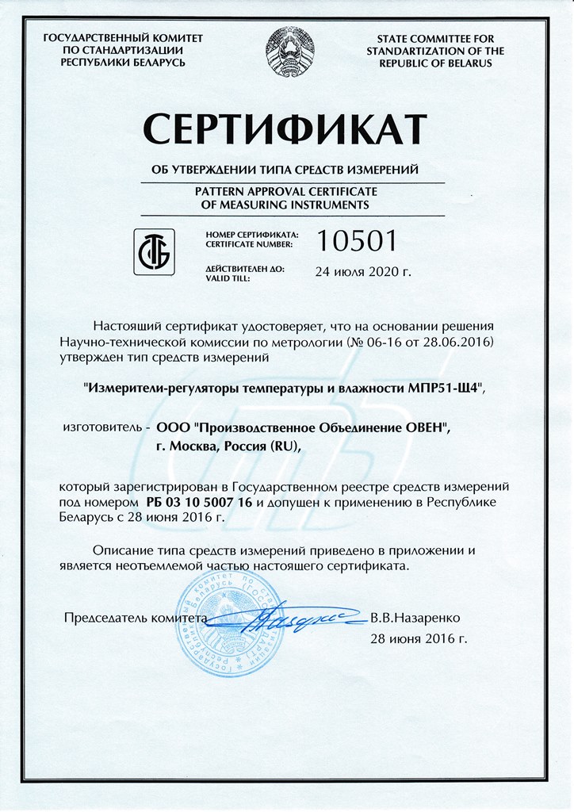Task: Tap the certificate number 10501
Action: click(355, 239)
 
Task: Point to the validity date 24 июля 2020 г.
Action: click(364, 272)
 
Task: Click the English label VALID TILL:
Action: click(228, 278)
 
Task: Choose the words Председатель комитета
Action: click(134, 617)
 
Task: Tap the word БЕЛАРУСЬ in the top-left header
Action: click(158, 63)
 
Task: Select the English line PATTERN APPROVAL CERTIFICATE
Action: click(286, 192)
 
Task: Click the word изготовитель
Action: click(102, 427)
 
